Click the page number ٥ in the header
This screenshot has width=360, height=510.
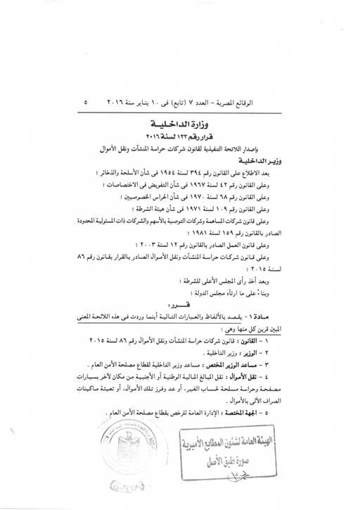click(x=86, y=102)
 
